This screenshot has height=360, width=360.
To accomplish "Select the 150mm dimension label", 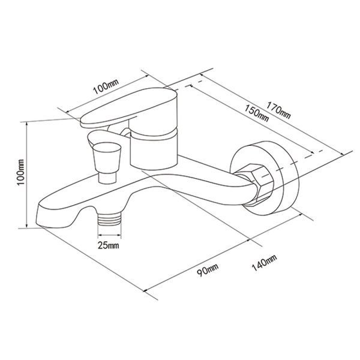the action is [x=256, y=113].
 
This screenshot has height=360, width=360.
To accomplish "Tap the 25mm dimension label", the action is [x=109, y=245].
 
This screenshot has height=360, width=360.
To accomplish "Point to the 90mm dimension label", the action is [x=208, y=270].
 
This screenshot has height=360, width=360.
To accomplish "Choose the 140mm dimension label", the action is [x=264, y=263].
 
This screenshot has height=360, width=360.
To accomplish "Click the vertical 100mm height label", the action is [x=20, y=172].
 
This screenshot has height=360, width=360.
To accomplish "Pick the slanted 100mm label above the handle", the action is [x=106, y=86].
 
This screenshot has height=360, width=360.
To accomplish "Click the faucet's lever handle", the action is [x=128, y=108].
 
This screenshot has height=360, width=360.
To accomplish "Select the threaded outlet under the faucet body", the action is [x=109, y=218].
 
